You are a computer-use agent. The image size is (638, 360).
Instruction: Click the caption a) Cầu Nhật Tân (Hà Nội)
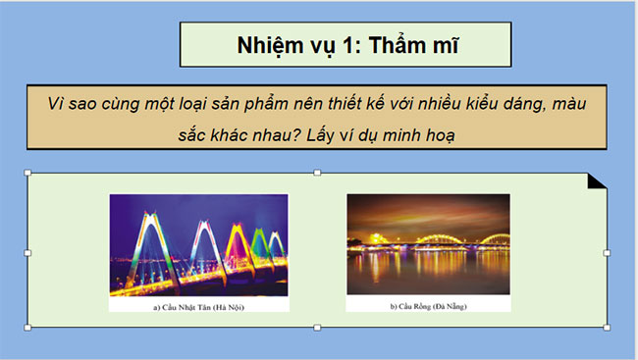198,305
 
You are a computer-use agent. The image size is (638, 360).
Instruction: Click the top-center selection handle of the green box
316,174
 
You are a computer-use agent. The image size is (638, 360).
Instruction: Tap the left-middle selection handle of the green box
27,253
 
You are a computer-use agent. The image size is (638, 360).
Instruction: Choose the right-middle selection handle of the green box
607,253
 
